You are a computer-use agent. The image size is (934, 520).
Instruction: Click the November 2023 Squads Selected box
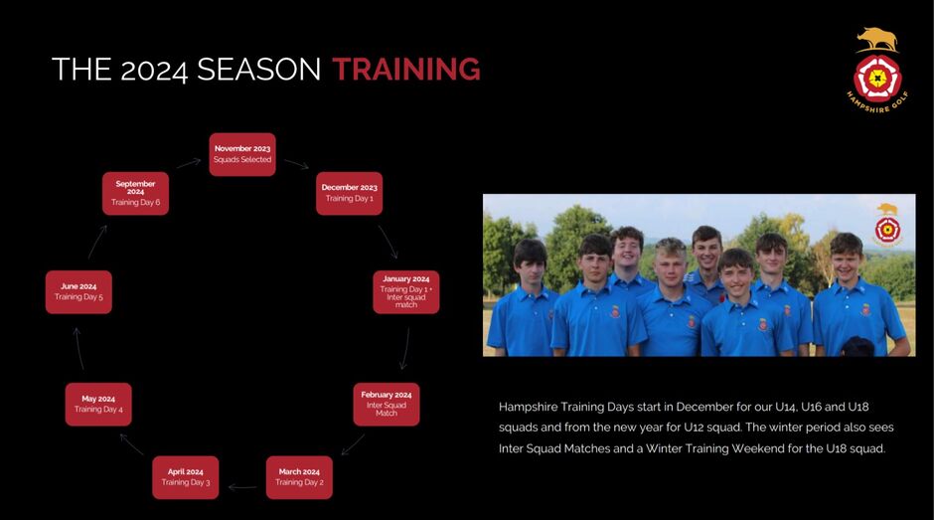(x=242, y=154)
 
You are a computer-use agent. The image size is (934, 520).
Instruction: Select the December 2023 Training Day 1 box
(x=349, y=193)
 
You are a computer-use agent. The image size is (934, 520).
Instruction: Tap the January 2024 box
(x=406, y=292)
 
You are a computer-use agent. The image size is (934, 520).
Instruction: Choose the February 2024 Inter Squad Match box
(x=386, y=405)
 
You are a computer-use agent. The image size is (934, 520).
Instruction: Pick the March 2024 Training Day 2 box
(x=299, y=477)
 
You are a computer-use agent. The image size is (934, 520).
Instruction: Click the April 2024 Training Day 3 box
(x=185, y=477)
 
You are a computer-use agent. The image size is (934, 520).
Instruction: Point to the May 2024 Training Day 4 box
(x=98, y=405)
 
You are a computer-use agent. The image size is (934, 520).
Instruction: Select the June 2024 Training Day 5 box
(x=78, y=292)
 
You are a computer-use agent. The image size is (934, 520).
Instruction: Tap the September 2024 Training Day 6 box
(x=135, y=193)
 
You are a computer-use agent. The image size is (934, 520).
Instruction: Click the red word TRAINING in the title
(x=406, y=70)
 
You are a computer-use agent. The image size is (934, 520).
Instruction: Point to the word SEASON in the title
(x=259, y=70)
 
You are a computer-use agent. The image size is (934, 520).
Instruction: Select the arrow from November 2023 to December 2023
(x=296, y=164)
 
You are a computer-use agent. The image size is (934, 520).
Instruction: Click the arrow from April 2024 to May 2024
(x=131, y=444)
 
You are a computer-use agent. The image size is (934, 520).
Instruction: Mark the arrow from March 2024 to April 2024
(x=242, y=487)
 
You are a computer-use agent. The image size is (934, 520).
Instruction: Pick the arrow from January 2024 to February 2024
(x=405, y=348)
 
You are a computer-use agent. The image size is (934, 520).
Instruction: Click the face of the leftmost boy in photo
(x=531, y=265)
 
